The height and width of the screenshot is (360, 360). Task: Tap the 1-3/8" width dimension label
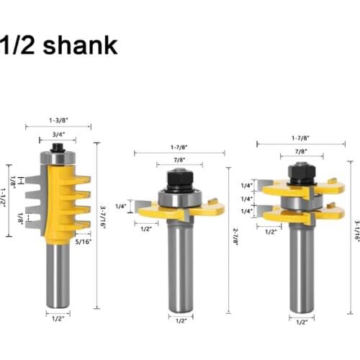tap(58, 120)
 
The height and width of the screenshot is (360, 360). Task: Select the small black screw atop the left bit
tap(58, 146)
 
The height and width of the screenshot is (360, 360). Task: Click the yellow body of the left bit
tap(58, 202)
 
